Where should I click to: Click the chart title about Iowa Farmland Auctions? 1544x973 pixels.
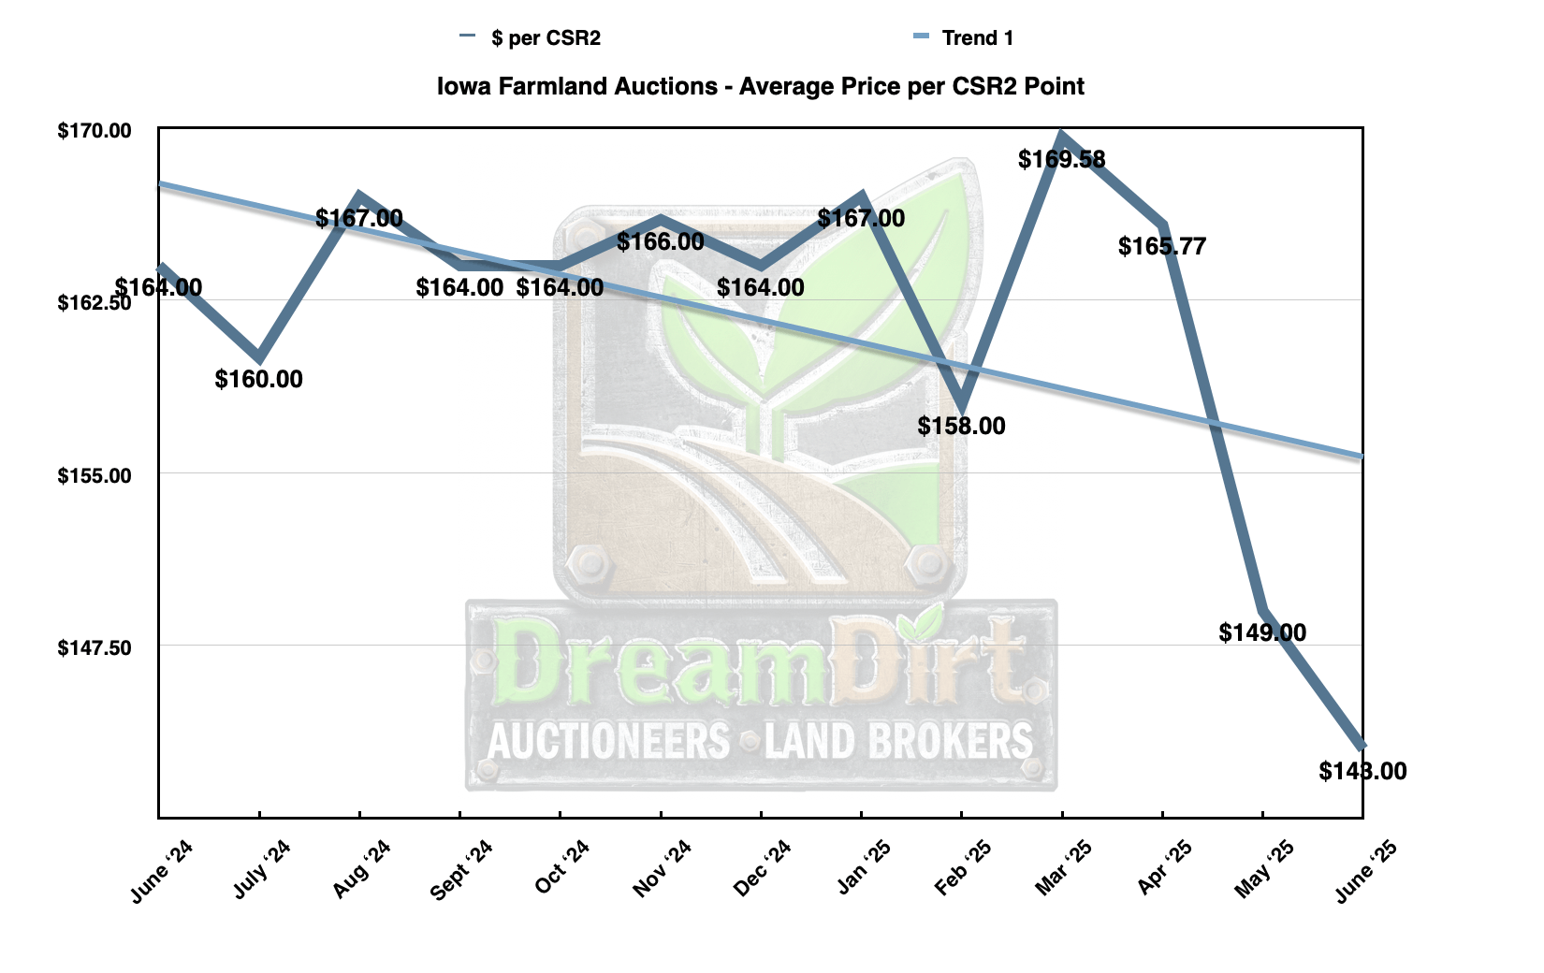[x=760, y=87]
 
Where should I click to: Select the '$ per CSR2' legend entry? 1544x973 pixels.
[x=530, y=38]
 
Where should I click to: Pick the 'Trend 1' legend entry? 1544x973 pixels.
[x=963, y=38]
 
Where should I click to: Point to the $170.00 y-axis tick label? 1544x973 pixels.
[x=95, y=131]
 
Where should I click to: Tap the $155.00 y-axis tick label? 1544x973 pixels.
[x=95, y=475]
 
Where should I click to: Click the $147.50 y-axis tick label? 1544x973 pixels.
[x=95, y=647]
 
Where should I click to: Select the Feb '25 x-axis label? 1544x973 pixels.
[x=963, y=867]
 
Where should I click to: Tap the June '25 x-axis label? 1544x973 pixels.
[x=1365, y=870]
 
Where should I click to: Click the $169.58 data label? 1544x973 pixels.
[x=1061, y=159]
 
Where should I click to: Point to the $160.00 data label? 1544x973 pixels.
[x=258, y=379]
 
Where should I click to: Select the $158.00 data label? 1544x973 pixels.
[x=962, y=426]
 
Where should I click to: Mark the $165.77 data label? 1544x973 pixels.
[x=1162, y=246]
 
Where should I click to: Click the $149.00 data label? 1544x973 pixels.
[x=1262, y=632]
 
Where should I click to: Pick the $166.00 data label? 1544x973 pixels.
[x=661, y=241]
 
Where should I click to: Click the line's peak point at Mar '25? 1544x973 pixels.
[x=1062, y=134]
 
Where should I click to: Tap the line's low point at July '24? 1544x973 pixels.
[x=259, y=357]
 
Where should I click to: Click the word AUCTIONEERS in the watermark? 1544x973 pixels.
[x=608, y=741]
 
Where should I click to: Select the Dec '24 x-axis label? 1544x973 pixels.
[x=762, y=867]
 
